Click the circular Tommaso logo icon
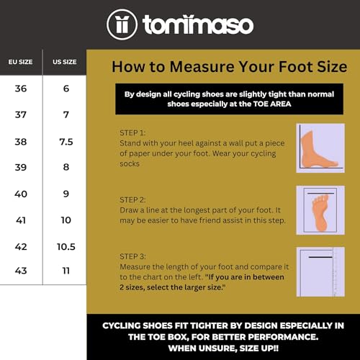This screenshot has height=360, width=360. (122, 24)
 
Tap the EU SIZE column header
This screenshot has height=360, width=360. (20, 62)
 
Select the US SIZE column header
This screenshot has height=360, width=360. (65, 62)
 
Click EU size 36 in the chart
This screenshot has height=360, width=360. (21, 89)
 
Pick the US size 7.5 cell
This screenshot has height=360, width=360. (66, 142)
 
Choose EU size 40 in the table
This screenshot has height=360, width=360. (21, 194)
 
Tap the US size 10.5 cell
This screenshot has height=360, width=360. (66, 247)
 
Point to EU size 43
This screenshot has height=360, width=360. (21, 271)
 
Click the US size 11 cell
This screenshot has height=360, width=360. (66, 271)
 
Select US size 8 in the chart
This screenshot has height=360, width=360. (66, 167)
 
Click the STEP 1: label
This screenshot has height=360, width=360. (132, 132)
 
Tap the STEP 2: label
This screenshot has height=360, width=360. (132, 199)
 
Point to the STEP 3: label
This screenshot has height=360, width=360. (132, 256)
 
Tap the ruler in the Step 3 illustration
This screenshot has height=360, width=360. (335, 272)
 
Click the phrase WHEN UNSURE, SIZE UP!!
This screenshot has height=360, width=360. (223, 348)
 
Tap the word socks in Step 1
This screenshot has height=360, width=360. (130, 163)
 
